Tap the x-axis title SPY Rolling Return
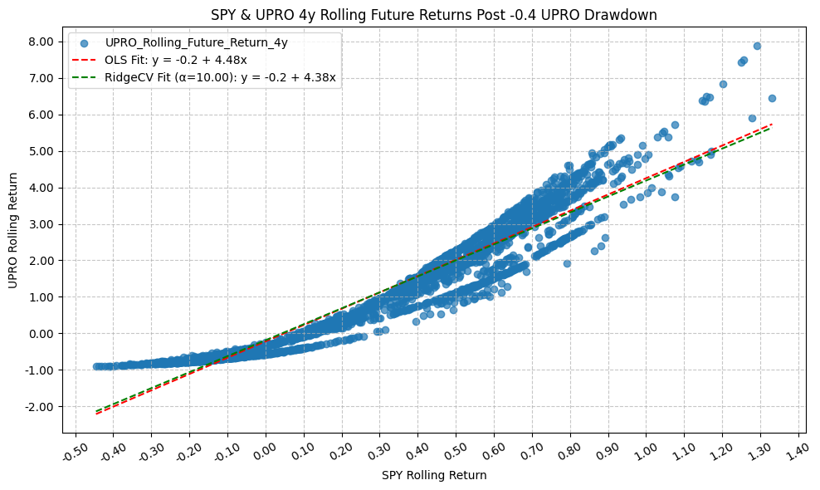pos(434,476)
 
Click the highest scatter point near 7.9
pos(757,47)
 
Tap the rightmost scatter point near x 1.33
pos(772,98)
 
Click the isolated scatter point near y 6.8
pos(723,84)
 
